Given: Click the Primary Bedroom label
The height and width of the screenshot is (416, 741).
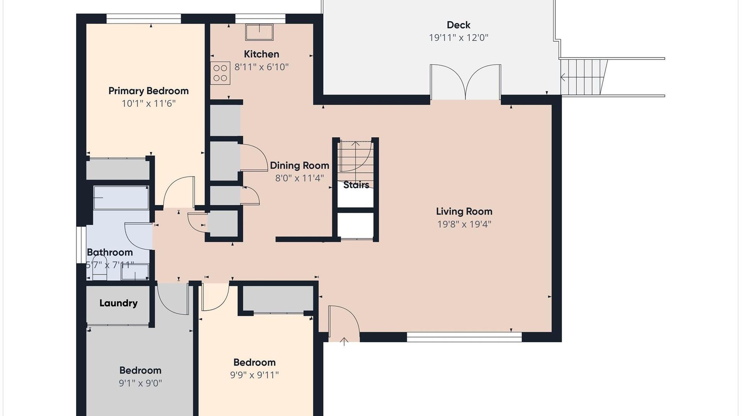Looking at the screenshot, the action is tap(149, 91).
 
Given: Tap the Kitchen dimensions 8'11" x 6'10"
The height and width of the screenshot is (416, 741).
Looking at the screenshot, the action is tap(262, 67).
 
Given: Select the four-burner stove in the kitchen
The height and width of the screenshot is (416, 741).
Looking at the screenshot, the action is tap(220, 73).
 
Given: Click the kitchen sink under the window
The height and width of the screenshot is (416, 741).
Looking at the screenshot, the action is tap(259, 32).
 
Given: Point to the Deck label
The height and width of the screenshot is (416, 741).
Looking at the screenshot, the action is tap(458, 25).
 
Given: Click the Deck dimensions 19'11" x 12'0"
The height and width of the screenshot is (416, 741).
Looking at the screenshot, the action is tap(458, 38).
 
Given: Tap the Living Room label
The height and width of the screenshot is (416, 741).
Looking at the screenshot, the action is tap(464, 212).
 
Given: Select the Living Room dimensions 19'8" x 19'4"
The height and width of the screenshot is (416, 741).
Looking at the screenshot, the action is tap(464, 224).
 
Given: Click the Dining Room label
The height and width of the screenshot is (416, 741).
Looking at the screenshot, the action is tap(299, 166).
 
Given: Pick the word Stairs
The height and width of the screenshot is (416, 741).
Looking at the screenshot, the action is tap(356, 185).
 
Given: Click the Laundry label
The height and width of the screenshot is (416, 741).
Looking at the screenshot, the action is tap(118, 303).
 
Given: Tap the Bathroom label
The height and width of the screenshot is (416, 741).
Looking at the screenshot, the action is tap(110, 253).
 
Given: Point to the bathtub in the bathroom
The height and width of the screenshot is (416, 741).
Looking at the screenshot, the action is tap(121, 198).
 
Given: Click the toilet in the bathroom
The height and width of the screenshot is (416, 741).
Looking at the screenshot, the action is tap(100, 268).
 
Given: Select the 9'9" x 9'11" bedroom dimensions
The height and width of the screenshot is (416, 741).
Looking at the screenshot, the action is tap(254, 375).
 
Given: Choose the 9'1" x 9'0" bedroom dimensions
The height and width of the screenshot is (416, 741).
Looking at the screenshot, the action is tap(140, 383).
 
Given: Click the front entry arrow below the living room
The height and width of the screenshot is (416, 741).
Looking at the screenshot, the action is tap(344, 341).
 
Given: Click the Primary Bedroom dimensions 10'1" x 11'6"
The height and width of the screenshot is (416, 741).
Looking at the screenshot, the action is tap(149, 104).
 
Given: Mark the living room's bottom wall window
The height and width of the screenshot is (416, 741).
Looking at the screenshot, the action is tap(464, 337).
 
